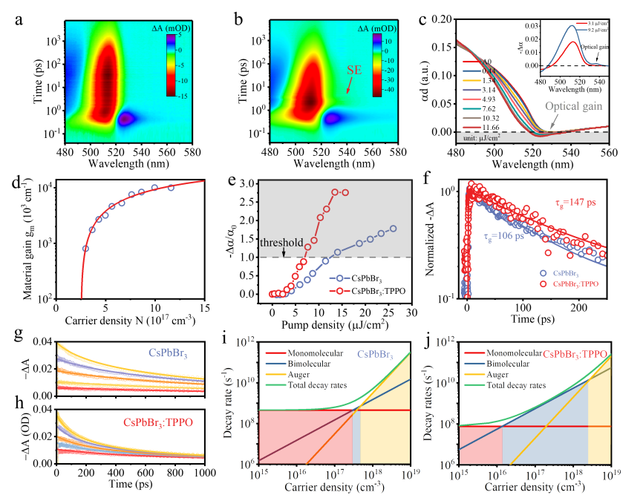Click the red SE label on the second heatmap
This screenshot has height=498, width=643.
click(x=355, y=71)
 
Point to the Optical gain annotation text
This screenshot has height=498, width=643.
click(x=574, y=106)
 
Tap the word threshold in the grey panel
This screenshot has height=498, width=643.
click(x=281, y=243)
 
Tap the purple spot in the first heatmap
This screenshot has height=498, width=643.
click(x=127, y=118)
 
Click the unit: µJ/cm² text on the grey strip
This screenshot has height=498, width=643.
click(x=488, y=138)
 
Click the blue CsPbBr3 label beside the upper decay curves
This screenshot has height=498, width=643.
click(x=169, y=353)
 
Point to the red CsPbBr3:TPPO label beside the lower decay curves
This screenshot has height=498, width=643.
click(x=157, y=422)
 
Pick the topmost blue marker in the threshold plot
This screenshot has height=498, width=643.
click(x=393, y=229)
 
